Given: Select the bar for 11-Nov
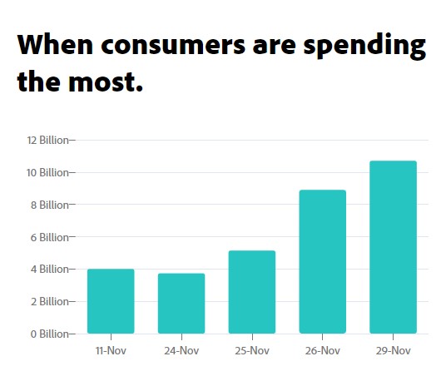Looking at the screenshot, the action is tap(111, 301).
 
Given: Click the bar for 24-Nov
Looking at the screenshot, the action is tap(181, 304).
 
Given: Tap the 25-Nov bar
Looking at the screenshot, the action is tap(252, 292).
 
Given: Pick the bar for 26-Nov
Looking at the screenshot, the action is tap(323, 261).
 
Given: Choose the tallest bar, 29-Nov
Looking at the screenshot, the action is tap(394, 247).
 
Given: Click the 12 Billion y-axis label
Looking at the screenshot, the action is tap(47, 140).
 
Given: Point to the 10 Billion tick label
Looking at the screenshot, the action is tap(47, 172).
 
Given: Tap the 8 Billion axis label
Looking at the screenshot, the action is tap(49, 205).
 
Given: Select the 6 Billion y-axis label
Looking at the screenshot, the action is tap(49, 237).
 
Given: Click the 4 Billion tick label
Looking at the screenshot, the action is tap(49, 270).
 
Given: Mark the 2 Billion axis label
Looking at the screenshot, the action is tap(49, 301).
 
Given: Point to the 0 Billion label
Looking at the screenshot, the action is tap(49, 334).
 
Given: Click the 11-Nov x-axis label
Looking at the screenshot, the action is tap(111, 351).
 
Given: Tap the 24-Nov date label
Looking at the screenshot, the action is tap(181, 351).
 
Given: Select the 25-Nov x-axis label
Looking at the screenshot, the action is tap(252, 351).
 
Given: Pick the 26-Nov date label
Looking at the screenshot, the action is tap(323, 351).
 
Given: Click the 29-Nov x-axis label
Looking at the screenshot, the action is tap(394, 351).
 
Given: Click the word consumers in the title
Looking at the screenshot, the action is tap(173, 45).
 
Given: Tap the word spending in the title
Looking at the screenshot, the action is tap(364, 46).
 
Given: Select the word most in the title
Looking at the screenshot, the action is tap(106, 82).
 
